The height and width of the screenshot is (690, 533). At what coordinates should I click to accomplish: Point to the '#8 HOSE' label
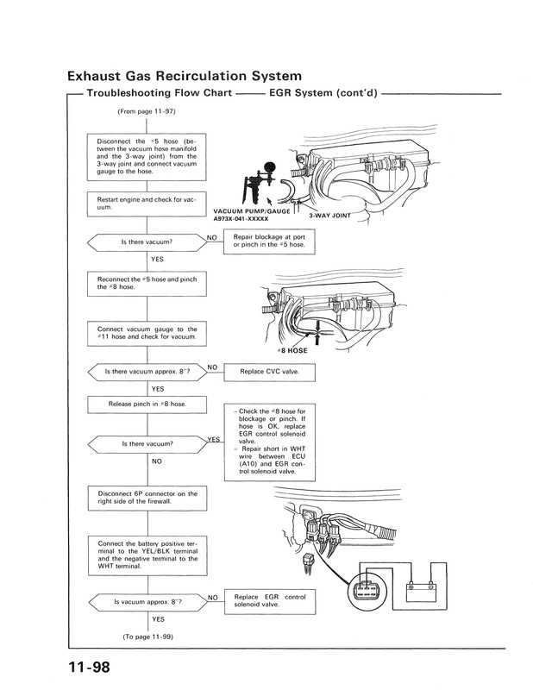pos(292,351)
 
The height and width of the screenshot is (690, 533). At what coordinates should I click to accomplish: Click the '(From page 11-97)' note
pos(145,113)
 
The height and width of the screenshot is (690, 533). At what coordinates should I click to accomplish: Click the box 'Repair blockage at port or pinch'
pos(269,240)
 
